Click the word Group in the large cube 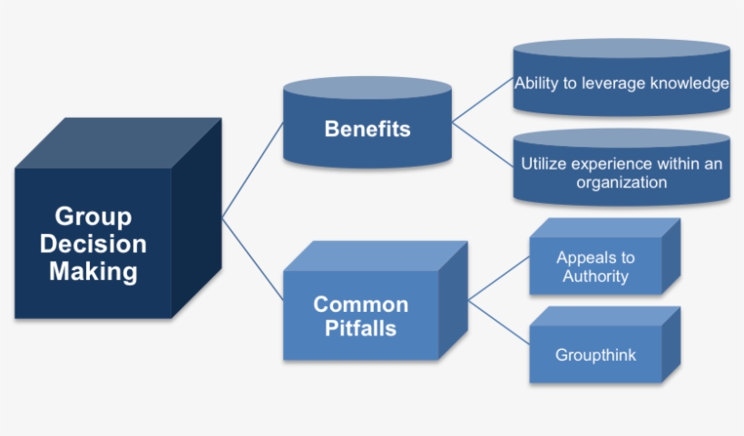(93, 217)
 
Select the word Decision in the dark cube (93, 244)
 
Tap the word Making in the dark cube (93, 271)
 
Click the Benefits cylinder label (367, 129)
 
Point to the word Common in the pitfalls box (361, 305)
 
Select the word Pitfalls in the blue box (361, 328)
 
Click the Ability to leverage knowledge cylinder (622, 84)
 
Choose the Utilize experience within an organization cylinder (622, 173)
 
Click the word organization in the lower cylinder (622, 182)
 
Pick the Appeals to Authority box (595, 266)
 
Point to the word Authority (595, 276)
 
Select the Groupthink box (595, 354)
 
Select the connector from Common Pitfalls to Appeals (498, 277)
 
